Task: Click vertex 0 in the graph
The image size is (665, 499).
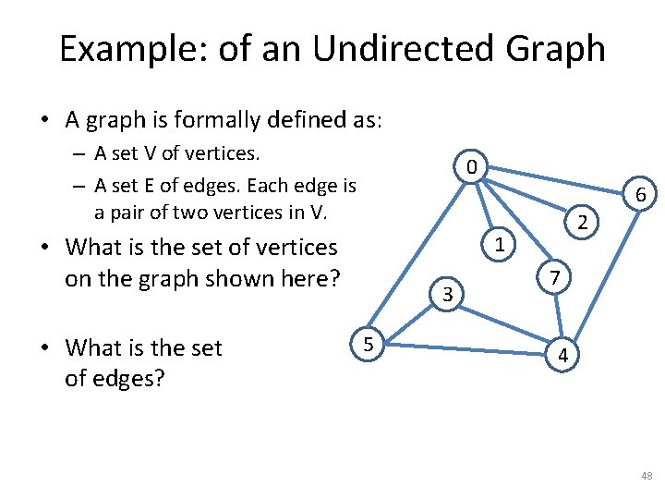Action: point(471,168)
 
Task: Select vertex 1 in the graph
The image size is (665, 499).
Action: point(499,246)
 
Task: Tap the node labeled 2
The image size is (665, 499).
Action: point(582,221)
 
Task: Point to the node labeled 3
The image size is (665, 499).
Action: point(446,295)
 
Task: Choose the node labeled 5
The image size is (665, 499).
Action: point(368,344)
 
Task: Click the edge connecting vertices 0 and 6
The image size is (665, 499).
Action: point(554,179)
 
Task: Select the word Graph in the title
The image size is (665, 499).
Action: point(560,49)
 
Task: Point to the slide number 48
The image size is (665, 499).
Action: point(647,475)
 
